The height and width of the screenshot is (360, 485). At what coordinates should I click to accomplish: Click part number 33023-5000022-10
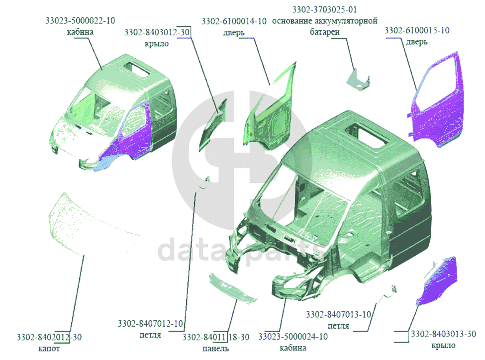point(80,21)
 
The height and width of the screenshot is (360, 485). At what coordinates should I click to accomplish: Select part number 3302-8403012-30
point(157,32)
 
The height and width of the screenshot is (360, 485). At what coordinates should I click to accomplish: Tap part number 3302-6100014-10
point(234,21)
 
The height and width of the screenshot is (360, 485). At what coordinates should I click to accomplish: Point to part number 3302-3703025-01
point(324,9)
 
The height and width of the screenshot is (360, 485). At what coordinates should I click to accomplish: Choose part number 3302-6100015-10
point(417,30)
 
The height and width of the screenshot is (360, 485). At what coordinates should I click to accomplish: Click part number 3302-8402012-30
point(49,337)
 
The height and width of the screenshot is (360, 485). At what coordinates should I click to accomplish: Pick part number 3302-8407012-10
point(150,324)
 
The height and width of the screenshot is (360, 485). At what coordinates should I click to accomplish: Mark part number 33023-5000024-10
point(293,336)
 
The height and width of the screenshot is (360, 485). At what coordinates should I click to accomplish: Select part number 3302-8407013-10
point(338,315)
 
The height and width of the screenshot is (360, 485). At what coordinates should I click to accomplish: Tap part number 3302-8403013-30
point(443,334)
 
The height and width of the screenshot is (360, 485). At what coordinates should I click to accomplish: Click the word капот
point(49,349)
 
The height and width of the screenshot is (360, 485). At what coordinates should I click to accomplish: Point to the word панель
point(215,349)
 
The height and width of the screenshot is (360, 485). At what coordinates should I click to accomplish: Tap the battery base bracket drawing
point(358,80)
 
